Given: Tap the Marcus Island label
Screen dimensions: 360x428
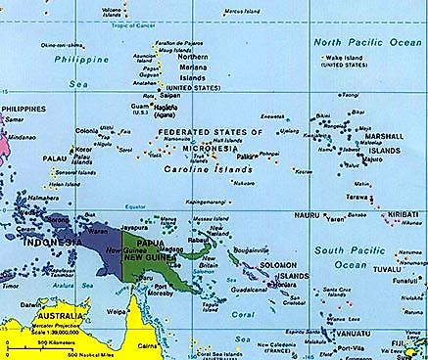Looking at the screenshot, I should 242,12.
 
